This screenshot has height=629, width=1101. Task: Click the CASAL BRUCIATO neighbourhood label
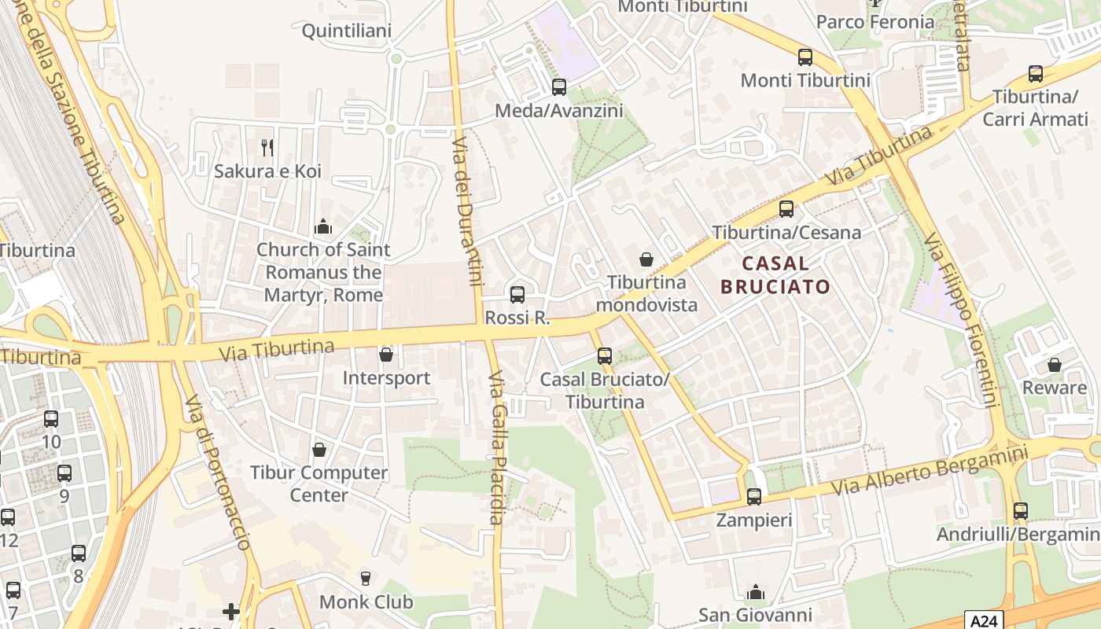(775, 274)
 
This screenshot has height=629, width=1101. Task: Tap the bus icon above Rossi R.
(517, 295)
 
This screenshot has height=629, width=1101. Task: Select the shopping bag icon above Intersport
(386, 355)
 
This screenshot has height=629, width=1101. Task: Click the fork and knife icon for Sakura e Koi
(267, 147)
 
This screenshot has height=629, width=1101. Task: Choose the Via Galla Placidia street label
(495, 448)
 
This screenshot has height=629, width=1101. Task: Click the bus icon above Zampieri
(753, 497)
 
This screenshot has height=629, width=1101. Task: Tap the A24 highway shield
(983, 620)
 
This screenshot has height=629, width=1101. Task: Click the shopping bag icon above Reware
(1054, 365)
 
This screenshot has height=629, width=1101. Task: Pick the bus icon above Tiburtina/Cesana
(786, 209)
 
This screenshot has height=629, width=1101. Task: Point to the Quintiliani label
(347, 31)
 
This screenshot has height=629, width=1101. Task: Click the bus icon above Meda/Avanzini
(559, 87)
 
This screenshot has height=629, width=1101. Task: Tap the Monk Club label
(366, 602)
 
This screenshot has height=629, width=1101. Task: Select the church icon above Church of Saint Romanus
(323, 227)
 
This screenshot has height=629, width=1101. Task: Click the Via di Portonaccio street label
(218, 472)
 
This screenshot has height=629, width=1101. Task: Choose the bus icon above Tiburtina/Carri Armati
(1036, 74)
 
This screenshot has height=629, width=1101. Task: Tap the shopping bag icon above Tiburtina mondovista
(646, 259)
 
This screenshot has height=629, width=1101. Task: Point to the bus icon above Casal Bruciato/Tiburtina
(604, 356)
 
